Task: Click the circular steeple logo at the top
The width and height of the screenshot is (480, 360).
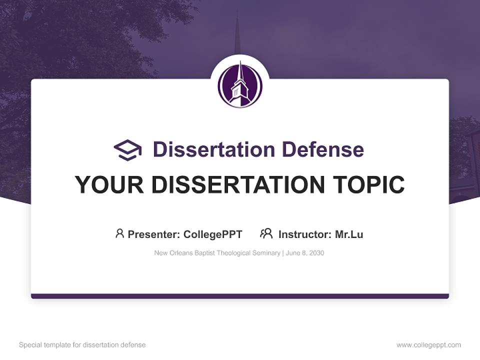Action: point(240,84)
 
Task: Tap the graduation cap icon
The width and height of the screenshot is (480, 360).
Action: point(128,149)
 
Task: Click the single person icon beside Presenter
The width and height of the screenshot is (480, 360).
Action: point(119,233)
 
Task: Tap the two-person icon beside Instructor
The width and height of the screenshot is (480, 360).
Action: point(266,233)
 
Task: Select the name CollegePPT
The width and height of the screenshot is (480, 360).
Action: point(213,234)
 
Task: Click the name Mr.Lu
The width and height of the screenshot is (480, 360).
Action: point(349,234)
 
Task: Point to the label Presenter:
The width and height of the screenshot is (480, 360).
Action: point(154,234)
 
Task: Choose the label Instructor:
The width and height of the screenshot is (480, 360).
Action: point(304,234)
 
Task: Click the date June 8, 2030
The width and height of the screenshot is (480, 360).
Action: point(305,253)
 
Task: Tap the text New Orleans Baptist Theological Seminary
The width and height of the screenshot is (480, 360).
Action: point(217,253)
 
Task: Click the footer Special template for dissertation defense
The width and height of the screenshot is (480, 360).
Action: point(82,345)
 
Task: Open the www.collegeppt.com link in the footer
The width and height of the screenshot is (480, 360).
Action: point(428,345)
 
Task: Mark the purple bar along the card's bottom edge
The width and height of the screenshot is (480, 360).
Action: point(240,296)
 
